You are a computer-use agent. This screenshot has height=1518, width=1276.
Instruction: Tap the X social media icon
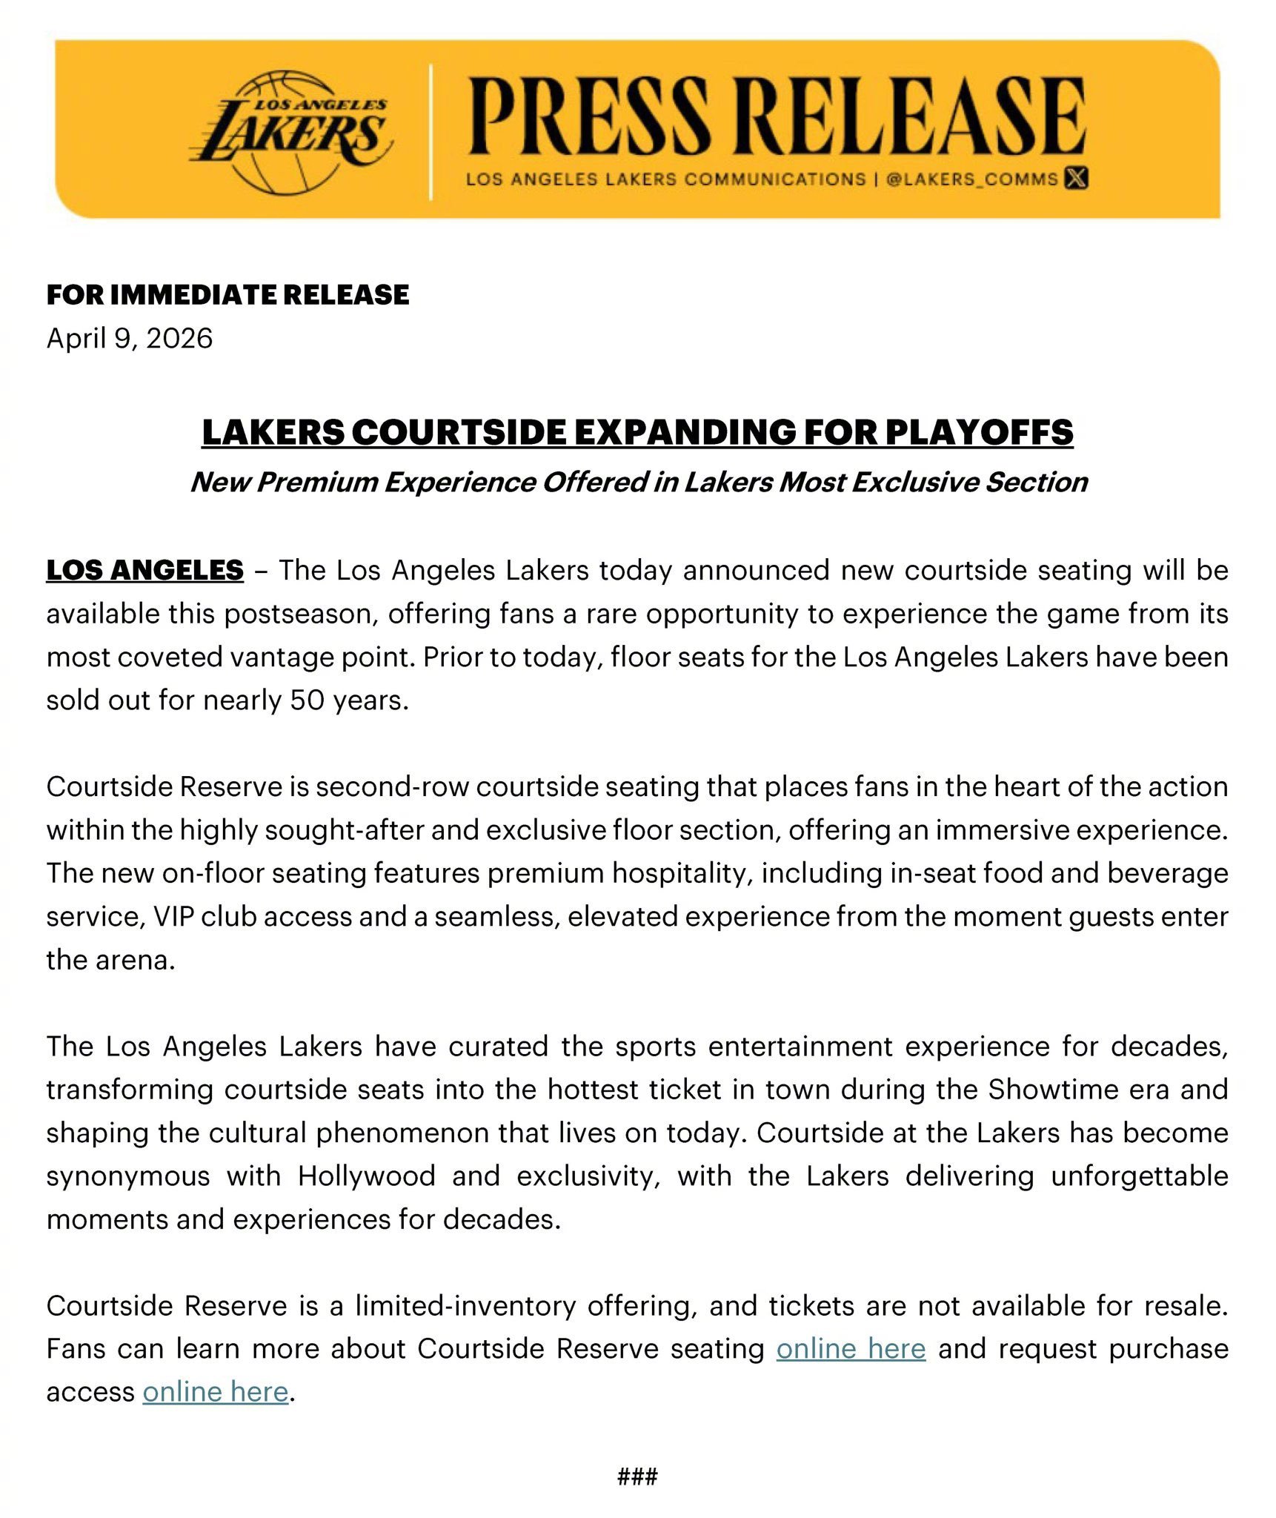(1076, 179)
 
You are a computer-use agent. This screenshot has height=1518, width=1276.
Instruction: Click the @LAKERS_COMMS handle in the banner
(971, 179)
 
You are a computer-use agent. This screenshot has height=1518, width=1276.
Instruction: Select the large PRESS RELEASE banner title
(777, 117)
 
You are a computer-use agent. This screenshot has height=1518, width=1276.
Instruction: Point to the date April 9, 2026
(130, 339)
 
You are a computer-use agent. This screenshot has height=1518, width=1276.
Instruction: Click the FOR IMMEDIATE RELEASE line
(227, 295)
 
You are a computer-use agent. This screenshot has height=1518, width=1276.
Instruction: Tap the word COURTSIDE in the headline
(459, 433)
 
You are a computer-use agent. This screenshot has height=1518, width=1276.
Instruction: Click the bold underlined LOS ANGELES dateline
(144, 570)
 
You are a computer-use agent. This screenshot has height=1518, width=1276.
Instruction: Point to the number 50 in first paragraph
(306, 700)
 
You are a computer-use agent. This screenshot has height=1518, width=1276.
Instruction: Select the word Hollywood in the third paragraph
(367, 1176)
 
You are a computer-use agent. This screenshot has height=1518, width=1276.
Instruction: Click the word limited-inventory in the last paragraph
(465, 1306)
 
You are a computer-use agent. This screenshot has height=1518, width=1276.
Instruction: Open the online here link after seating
(851, 1349)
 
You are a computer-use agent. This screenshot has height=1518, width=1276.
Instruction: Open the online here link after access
(215, 1392)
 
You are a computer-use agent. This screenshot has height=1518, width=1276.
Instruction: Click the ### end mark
(637, 1476)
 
